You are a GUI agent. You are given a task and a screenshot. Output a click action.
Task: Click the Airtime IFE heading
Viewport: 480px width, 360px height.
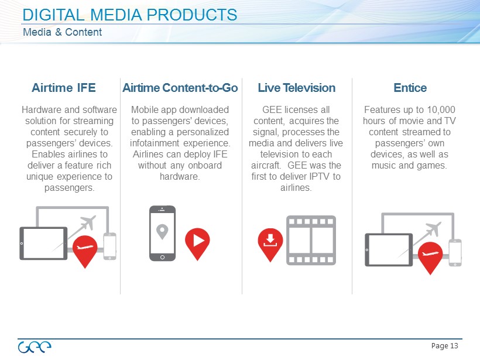tap(64, 88)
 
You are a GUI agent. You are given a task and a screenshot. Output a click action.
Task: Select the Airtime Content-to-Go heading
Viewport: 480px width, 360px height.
tap(180, 88)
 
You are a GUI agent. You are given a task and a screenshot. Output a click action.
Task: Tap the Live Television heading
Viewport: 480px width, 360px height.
tap(297, 88)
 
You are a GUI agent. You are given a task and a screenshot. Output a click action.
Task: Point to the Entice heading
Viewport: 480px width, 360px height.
tap(410, 88)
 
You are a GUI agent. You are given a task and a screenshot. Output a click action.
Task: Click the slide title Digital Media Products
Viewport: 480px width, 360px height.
tap(130, 15)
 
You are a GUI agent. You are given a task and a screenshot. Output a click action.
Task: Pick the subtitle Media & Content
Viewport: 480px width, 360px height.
tap(63, 32)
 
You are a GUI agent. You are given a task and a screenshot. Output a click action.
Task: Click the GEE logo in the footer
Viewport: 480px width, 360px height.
tap(35, 347)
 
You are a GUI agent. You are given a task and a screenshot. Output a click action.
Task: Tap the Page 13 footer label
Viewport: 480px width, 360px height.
tap(444, 346)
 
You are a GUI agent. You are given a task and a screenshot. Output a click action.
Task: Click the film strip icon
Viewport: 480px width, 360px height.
tap(311, 241)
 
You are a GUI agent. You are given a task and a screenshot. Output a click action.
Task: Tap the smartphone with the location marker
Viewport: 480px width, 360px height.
tap(162, 233)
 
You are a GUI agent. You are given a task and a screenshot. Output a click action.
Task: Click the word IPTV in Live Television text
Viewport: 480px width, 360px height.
tap(320, 176)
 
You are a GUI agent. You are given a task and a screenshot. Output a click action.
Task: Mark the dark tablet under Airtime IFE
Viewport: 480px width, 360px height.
tap(43, 244)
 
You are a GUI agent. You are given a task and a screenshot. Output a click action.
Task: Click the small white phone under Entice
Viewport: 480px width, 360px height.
tap(455, 252)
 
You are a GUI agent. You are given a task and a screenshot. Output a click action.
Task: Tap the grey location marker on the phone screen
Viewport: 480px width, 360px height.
tap(162, 232)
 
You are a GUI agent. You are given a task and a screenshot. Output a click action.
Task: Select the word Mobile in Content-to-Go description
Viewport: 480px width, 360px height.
tap(145, 109)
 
